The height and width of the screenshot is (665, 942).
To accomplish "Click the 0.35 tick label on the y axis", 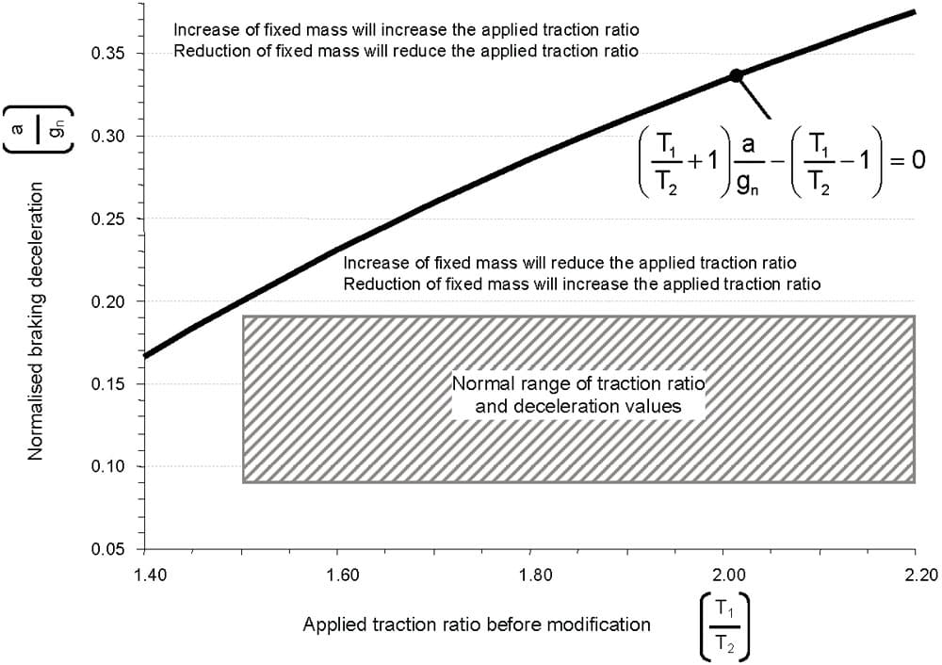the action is coord(107,54).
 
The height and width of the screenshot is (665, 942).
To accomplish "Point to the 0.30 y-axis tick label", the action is coord(107,137).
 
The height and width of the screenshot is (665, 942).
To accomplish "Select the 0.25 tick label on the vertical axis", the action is coord(107,219).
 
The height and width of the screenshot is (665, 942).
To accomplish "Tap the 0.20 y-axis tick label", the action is coord(107,301).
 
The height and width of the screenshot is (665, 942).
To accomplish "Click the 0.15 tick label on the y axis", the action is coord(107,384).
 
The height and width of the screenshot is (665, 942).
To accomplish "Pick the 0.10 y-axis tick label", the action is coord(107,467).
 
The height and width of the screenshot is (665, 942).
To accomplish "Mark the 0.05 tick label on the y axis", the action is coord(107,549).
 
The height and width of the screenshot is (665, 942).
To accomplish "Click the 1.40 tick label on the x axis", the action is coord(145,575).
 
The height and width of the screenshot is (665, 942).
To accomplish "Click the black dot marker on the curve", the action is coord(736,75).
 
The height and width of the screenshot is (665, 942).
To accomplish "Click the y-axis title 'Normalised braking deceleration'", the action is coord(36,321).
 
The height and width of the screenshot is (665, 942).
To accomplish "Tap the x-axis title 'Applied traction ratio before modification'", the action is coord(477,624).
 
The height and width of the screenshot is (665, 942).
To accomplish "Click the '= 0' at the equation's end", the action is coord(908,161).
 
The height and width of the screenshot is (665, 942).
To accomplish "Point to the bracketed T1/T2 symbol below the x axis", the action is coord(725,627).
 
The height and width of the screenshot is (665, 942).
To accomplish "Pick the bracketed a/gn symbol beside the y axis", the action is coord(38,129).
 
